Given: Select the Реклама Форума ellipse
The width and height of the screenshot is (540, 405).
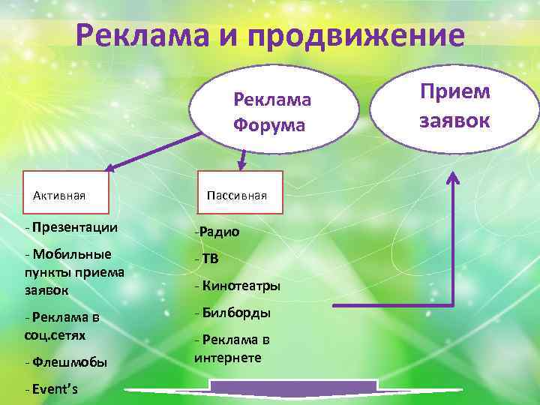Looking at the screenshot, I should pyautogui.click(x=271, y=111).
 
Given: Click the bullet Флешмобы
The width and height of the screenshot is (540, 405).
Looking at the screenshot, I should pyautogui.click(x=68, y=362).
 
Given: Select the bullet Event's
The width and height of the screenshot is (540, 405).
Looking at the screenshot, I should pyautogui.click(x=56, y=389).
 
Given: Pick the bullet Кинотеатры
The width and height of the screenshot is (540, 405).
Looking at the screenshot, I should pyautogui.click(x=239, y=286).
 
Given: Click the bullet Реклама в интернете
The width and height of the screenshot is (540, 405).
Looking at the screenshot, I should pyautogui.click(x=232, y=349).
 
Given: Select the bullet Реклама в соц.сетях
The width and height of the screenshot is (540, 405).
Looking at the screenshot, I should pyautogui.click(x=64, y=325).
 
